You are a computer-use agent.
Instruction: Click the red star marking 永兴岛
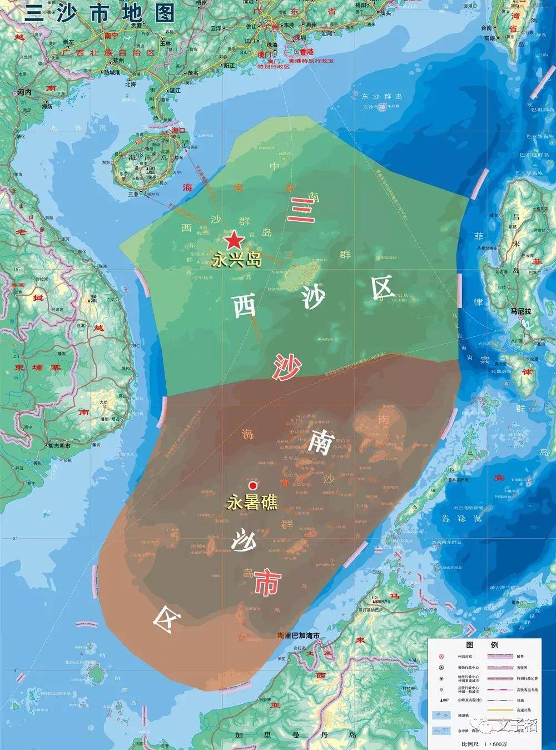tap(234, 241)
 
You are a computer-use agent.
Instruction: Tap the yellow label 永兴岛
tap(236, 259)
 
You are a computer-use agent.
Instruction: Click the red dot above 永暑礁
tap(252, 485)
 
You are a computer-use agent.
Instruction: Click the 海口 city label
tap(178, 130)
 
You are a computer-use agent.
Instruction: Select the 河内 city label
tap(25, 92)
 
